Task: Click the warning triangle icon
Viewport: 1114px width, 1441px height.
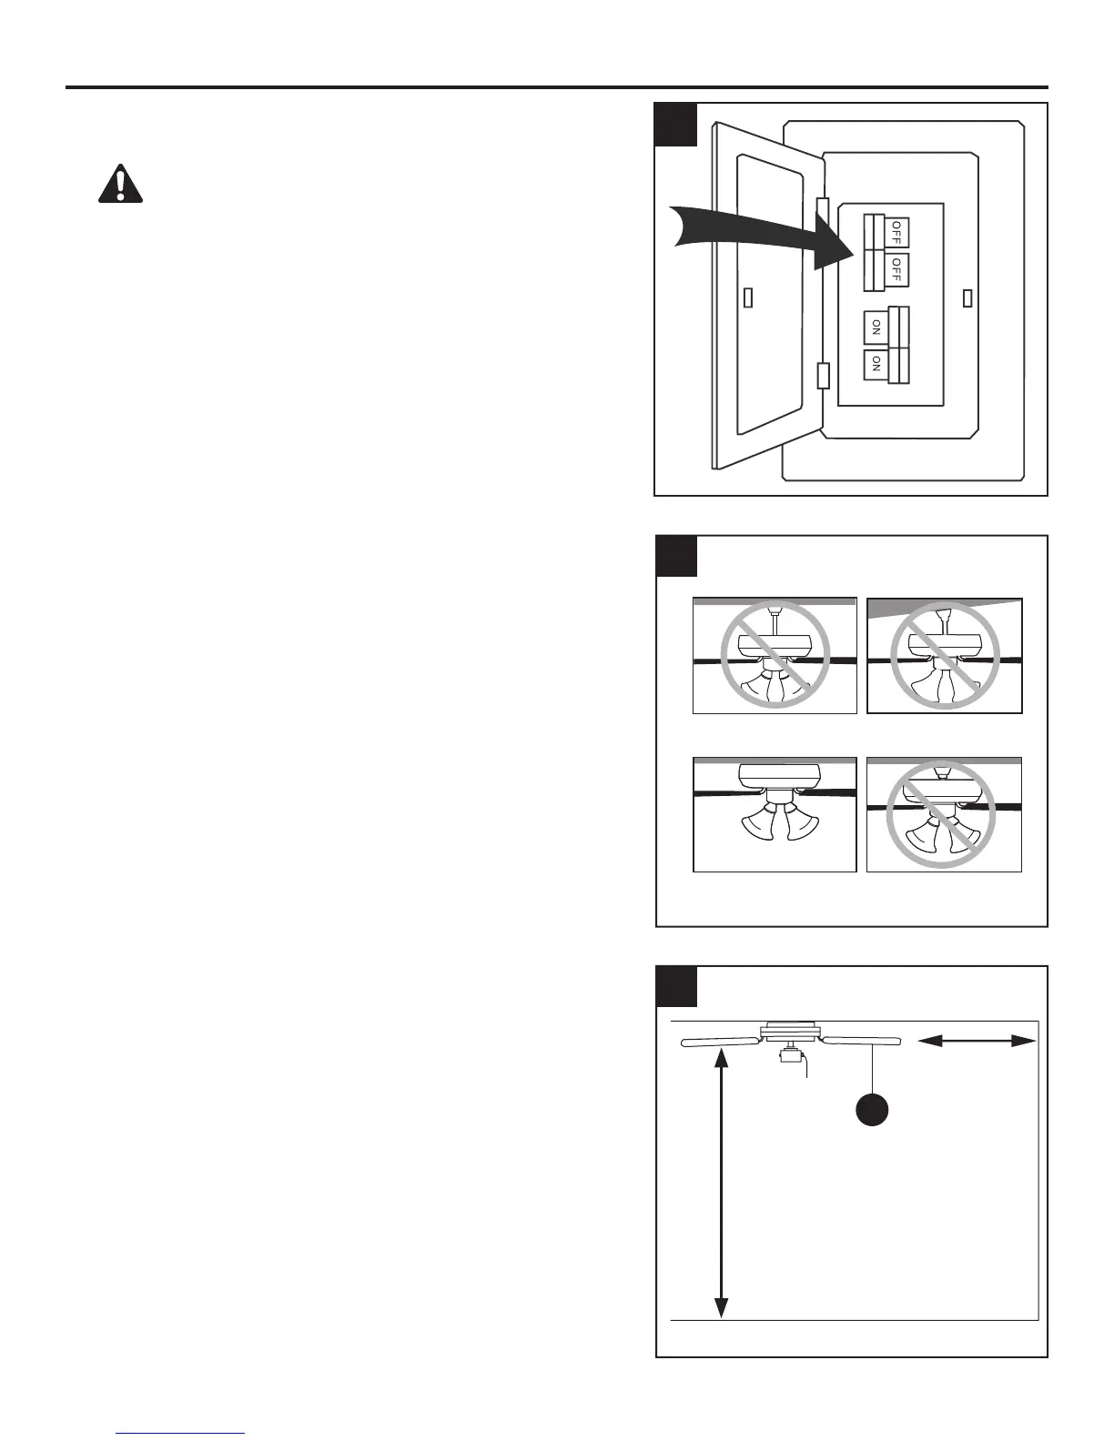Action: click(120, 184)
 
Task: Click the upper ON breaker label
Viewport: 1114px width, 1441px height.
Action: click(876, 327)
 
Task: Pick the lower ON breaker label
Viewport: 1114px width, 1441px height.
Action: click(876, 364)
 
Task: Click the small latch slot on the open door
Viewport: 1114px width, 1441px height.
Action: click(747, 298)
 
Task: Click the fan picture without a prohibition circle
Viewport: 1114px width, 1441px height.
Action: click(775, 814)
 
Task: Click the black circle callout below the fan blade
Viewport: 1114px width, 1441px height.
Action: click(872, 1111)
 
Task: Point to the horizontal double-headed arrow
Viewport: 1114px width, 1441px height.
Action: click(977, 1042)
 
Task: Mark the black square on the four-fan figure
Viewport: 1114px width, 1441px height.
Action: click(676, 556)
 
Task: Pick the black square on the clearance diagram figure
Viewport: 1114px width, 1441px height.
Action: click(676, 986)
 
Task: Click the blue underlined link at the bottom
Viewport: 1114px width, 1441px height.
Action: click(181, 1433)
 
